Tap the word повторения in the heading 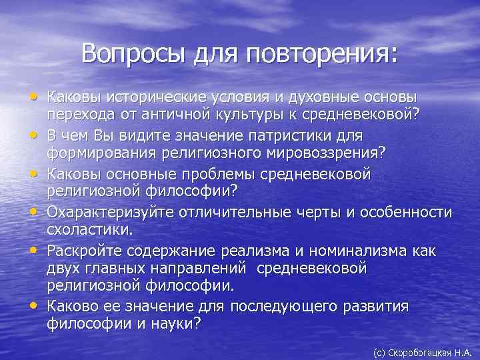pyautogui.click(x=323, y=53)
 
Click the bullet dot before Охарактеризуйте pyautogui.click(x=33, y=213)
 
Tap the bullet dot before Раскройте pyautogui.click(x=33, y=251)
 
